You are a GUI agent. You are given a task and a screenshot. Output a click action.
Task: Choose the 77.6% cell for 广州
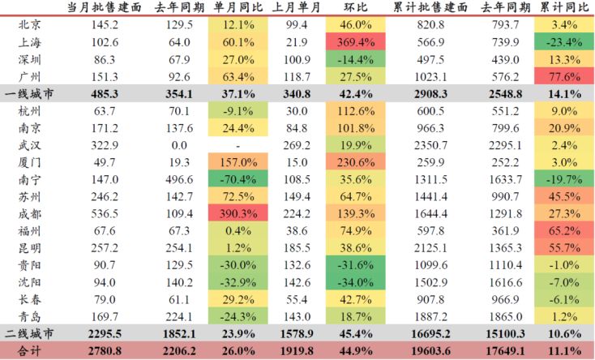click(563, 77)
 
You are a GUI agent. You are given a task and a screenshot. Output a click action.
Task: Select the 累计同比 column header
click(563, 7)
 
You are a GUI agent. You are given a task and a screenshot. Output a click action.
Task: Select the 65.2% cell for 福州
click(563, 230)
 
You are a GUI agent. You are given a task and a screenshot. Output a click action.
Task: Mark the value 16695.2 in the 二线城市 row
click(434, 333)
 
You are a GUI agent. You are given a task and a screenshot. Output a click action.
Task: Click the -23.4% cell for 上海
click(563, 42)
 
